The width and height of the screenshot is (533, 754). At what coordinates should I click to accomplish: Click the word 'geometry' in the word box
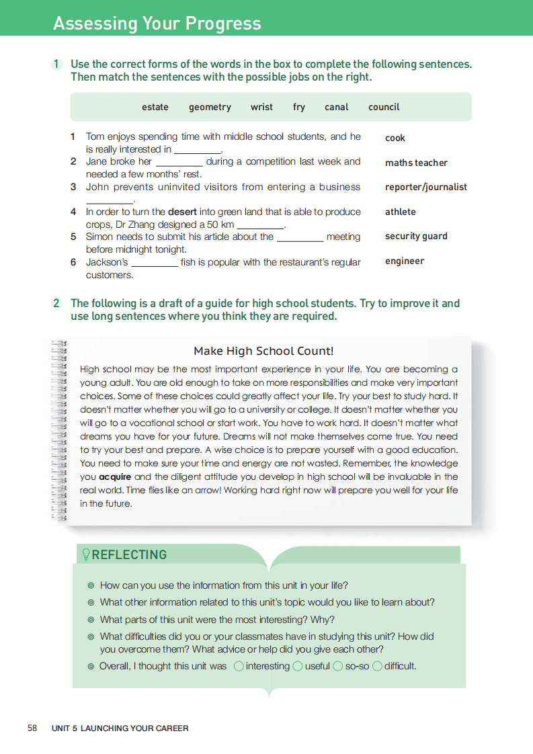click(x=210, y=107)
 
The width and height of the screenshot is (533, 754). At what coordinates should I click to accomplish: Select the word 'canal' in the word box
click(x=336, y=107)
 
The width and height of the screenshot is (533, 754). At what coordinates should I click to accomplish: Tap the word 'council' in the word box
click(x=384, y=107)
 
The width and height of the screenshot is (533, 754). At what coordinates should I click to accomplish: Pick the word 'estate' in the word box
click(x=155, y=107)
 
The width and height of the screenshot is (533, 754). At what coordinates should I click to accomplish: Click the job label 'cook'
click(x=395, y=138)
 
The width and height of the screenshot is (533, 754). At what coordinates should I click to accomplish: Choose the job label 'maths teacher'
click(x=416, y=163)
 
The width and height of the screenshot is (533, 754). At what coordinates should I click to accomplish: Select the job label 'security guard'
click(x=416, y=236)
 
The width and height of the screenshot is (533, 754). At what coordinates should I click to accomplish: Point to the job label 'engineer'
click(x=405, y=261)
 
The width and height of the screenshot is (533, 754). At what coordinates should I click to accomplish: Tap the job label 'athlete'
click(x=401, y=212)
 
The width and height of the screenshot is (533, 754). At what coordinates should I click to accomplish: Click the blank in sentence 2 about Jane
click(x=179, y=163)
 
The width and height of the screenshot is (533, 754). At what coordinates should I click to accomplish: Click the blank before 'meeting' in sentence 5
click(x=300, y=238)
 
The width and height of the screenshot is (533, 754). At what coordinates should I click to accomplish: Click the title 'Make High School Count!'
click(x=263, y=351)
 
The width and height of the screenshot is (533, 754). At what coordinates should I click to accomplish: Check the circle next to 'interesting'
click(x=239, y=666)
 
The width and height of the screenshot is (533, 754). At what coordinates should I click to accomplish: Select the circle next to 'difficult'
click(x=377, y=666)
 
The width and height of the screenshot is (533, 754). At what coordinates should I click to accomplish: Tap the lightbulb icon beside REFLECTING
click(x=85, y=554)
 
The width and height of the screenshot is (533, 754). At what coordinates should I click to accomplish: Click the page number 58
click(x=32, y=728)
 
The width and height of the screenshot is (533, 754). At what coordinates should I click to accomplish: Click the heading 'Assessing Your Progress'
click(x=157, y=24)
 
